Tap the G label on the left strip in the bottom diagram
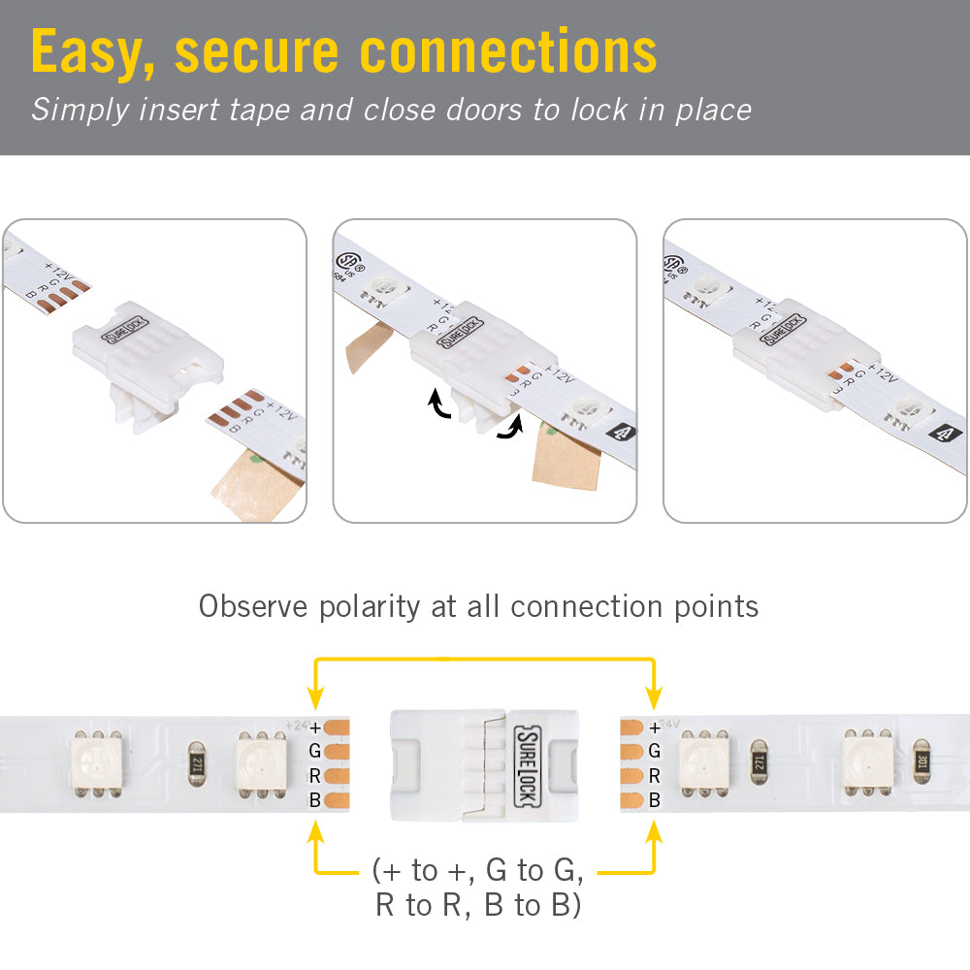314,751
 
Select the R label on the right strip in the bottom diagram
655,776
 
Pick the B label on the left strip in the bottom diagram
314,800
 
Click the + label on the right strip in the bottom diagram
655,727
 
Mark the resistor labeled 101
922,758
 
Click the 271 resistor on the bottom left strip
196,758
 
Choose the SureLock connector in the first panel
145,359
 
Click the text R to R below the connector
418,906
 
